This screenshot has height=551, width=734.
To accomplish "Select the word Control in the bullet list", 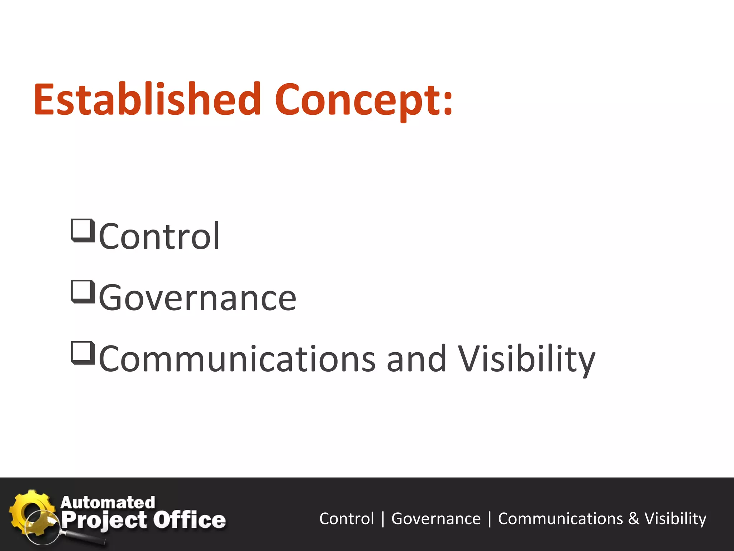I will coord(159,236).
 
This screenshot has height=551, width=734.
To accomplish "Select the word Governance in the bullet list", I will coord(197,298).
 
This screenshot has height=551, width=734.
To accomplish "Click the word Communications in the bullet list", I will coord(237,359).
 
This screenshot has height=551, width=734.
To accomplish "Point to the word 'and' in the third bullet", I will coord(416,359).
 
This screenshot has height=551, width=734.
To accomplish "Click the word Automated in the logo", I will coord(108,503).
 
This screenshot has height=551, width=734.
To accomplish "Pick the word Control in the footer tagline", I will coord(347,519).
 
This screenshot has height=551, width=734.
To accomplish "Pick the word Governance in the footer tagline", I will coord(436,519).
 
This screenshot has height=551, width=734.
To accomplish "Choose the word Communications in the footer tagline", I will coord(561,519).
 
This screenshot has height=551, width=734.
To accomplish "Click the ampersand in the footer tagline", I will coord(634,519).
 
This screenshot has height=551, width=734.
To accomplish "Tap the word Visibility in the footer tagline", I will coord(675,519).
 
